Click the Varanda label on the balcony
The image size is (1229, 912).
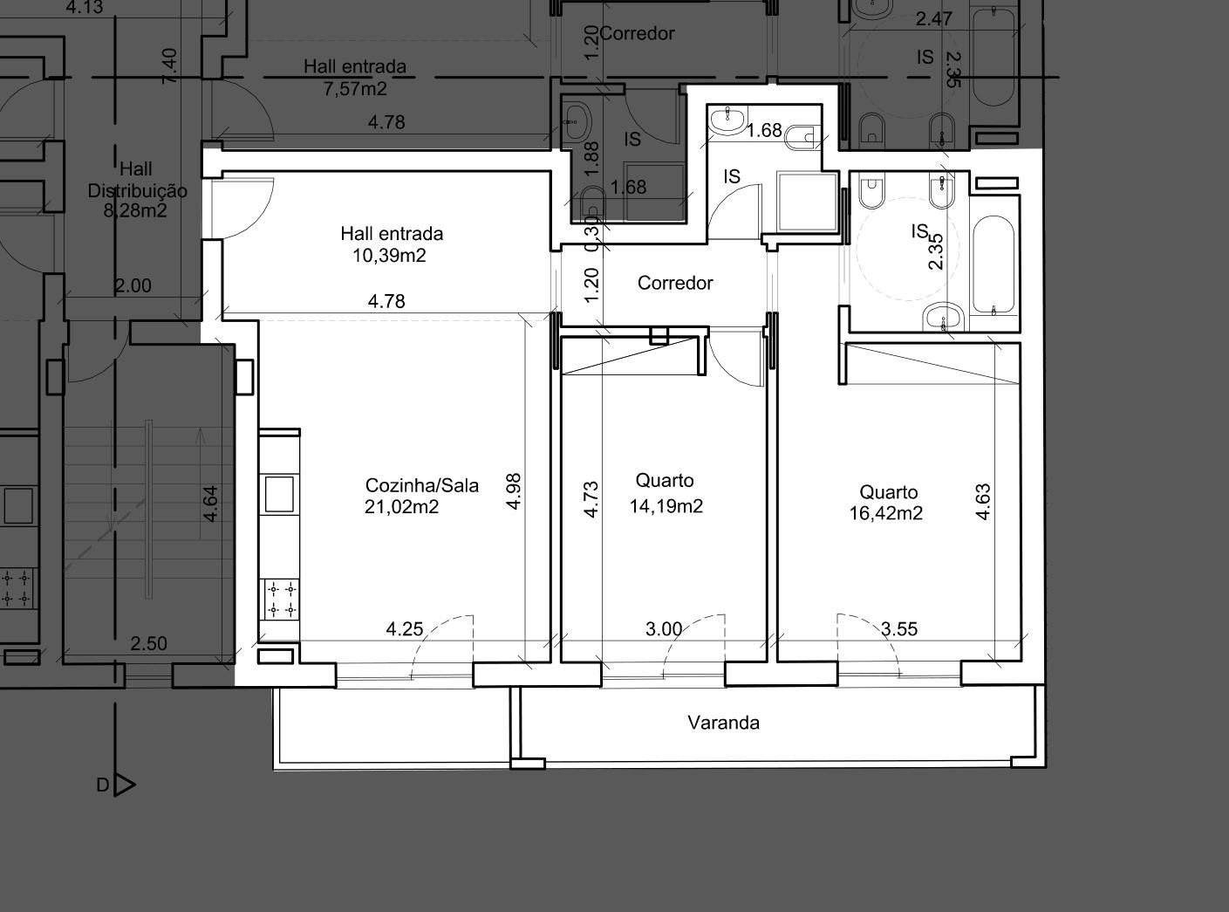pos(723,723)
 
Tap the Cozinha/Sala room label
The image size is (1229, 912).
pos(421,485)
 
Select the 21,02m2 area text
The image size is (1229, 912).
pos(402,507)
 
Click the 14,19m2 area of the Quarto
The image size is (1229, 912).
pos(666,505)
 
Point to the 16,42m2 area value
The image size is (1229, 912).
pos(886,513)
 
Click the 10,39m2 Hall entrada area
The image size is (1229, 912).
pos(390,256)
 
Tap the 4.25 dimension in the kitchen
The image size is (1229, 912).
pos(405,628)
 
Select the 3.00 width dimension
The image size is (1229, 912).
pos(664,628)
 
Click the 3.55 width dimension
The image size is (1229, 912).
pos(899,628)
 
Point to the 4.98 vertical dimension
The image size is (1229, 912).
pos(514,491)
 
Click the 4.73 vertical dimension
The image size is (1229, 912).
pos(591,499)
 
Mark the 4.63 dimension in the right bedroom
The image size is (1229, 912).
pos(982,502)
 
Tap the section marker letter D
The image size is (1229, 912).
pos(103,785)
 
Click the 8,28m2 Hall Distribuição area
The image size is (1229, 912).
pos(135,210)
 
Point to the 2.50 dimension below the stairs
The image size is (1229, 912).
pos(148,643)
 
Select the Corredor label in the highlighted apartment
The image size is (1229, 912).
pos(675,283)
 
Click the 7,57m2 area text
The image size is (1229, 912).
pos(355,88)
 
